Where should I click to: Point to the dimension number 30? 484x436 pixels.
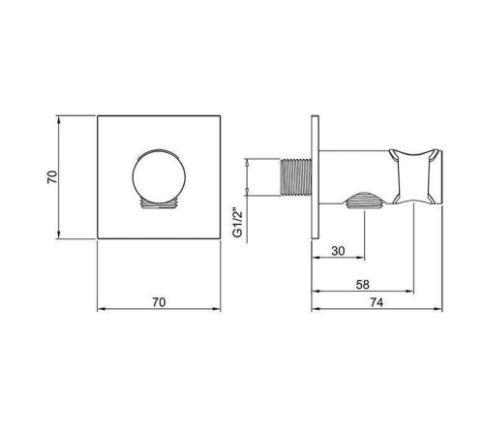[x=337, y=251]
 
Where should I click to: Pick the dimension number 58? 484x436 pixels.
[x=362, y=285]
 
